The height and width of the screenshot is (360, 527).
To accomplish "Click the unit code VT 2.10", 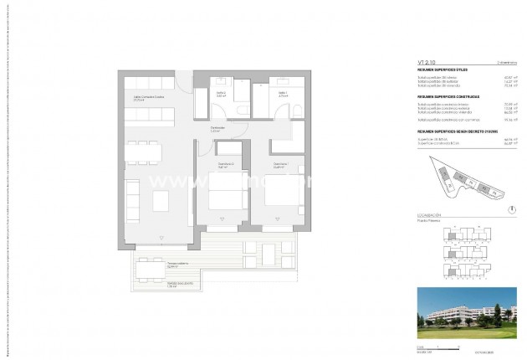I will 427,61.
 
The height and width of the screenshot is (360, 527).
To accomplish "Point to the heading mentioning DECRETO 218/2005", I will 457,131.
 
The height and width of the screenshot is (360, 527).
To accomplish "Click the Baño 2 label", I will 222,94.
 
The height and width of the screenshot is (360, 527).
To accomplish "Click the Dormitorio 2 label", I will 223,166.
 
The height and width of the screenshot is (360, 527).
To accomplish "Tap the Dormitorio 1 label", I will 279,166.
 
